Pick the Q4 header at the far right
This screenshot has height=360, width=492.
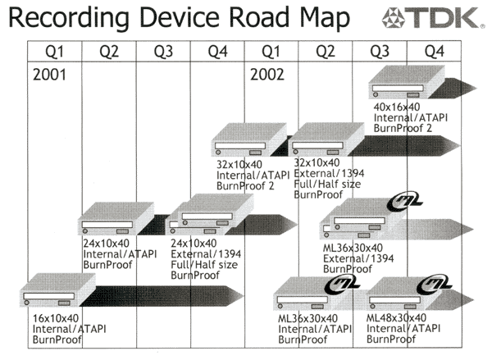(434, 51)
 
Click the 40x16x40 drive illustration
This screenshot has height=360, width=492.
(406, 84)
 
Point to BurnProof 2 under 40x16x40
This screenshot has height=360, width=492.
(399, 128)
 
